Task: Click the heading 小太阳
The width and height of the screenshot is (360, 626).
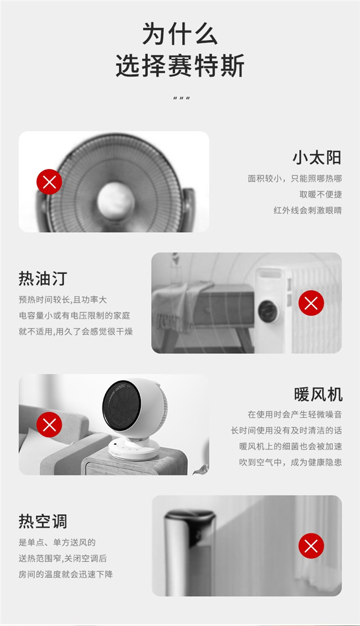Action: pos(317,158)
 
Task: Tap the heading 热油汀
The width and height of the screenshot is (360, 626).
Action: pos(43,278)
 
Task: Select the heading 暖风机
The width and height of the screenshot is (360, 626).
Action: pos(318,394)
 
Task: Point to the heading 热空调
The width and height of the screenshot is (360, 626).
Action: pos(43,521)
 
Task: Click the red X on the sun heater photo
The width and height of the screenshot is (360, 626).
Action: pos(49,182)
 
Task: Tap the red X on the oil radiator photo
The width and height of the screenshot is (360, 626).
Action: pos(311,303)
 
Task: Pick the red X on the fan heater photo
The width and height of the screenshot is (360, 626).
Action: pos(49,425)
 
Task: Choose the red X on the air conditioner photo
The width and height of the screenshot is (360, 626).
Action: pos(311,546)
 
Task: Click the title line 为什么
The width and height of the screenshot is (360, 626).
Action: pos(179,34)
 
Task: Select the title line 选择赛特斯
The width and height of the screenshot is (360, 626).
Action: pos(179,65)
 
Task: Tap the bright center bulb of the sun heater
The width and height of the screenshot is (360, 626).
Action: pos(116,199)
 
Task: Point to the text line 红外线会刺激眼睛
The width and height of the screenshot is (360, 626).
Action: pos(307,211)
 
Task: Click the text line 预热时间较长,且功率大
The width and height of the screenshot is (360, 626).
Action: pos(63,300)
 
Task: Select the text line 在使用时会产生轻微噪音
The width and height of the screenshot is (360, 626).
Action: pos(295,414)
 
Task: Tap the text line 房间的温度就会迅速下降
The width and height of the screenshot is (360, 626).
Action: pos(65,574)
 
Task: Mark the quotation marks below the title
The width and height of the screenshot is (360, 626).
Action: pos(182,98)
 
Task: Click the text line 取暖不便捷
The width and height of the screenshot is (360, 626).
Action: pos(321,194)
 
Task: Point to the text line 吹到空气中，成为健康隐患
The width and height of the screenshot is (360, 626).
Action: pos(290,463)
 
